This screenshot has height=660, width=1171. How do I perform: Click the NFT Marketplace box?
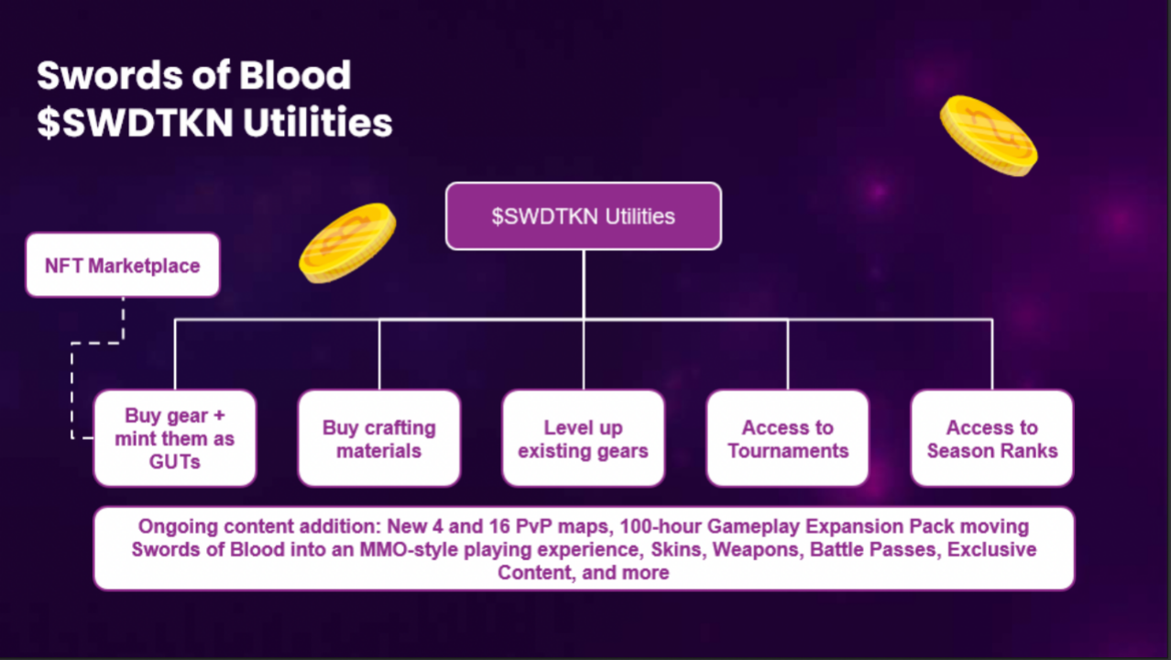(122, 265)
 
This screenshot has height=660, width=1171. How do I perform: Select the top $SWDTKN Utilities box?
(583, 216)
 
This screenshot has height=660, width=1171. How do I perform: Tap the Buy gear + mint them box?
(174, 438)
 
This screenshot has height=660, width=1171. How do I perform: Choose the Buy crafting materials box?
(378, 438)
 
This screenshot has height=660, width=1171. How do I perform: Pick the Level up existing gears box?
(583, 438)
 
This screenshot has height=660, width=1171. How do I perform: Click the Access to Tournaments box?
(787, 438)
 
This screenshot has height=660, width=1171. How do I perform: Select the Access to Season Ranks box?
(991, 438)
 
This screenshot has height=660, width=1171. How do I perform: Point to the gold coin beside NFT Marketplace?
(347, 242)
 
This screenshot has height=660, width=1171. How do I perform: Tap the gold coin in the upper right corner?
(988, 137)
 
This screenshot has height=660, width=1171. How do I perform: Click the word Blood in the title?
(295, 75)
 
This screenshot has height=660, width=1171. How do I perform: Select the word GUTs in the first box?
(174, 462)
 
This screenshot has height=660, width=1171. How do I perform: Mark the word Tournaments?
(788, 451)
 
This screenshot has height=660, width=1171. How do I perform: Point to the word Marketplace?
(143, 266)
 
